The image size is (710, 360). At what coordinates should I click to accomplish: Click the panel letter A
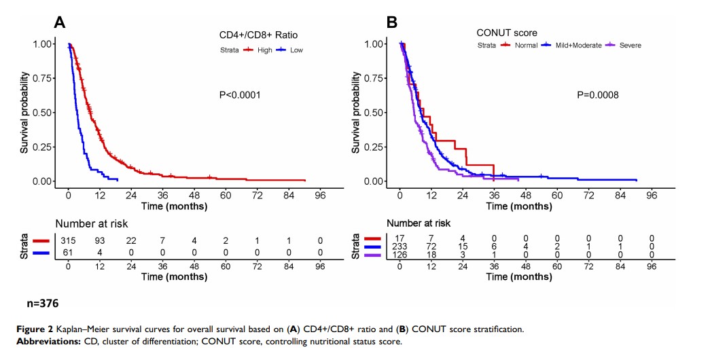[x=60, y=22]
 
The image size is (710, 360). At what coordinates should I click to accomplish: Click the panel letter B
[x=391, y=22]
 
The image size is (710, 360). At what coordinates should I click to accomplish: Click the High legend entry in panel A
[x=265, y=50]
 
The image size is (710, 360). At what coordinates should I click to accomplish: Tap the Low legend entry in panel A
[x=296, y=50]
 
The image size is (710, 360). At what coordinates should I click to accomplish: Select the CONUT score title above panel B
[x=507, y=32]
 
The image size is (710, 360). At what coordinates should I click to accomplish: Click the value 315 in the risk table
[x=69, y=240]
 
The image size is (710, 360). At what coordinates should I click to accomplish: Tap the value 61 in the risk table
[x=69, y=252]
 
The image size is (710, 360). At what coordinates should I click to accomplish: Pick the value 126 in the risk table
[x=400, y=255]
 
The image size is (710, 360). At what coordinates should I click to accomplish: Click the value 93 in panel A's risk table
[x=100, y=240]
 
